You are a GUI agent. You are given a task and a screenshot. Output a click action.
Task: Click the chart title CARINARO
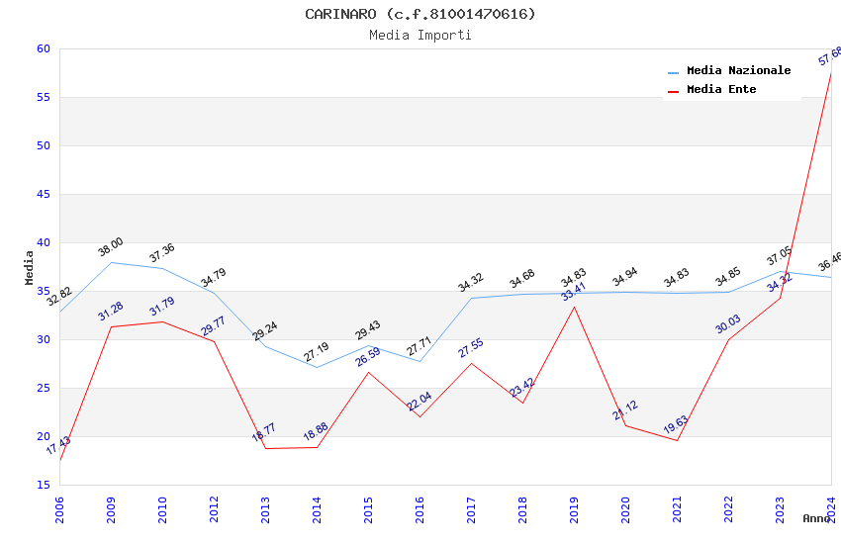420,14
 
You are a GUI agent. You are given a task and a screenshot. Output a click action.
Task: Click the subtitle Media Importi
420,35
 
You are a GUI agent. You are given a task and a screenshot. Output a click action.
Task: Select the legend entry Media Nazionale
738,71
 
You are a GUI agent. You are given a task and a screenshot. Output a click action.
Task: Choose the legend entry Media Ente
721,89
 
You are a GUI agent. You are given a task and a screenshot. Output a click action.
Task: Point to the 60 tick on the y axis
42,48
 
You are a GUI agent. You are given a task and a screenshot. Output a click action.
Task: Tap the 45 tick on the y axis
42,194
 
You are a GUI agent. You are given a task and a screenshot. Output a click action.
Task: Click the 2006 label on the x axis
59,509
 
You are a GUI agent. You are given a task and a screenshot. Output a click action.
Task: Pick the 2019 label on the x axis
574,509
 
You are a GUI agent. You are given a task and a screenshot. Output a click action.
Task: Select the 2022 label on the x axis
728,509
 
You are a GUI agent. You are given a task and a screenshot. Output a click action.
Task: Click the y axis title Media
30,267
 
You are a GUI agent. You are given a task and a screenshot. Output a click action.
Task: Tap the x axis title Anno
816,518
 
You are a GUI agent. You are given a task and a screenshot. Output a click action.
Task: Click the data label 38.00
110,246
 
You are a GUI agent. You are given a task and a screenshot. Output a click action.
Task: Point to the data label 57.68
830,55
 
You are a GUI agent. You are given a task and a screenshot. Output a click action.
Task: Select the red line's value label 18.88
316,431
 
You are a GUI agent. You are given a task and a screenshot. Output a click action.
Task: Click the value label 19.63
676,424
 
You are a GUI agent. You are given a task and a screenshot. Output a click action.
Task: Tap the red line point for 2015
368,372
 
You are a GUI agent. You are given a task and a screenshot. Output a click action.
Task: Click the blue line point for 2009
111,262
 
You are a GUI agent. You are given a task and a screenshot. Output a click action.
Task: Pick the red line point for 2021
677,440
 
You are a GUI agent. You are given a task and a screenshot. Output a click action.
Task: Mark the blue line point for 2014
317,367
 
